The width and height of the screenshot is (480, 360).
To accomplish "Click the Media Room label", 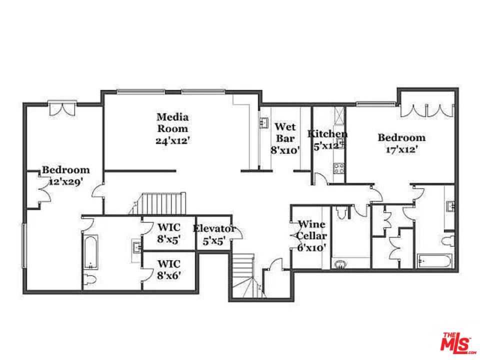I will click(x=172, y=123).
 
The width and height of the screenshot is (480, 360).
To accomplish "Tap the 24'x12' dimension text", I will click(x=173, y=141).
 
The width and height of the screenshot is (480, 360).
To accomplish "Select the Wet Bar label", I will click(x=285, y=132).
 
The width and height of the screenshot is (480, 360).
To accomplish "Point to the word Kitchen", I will click(x=327, y=134).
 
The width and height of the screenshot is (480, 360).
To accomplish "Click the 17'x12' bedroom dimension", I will click(x=401, y=149).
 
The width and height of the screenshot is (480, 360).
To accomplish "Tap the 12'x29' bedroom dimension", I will click(x=65, y=182).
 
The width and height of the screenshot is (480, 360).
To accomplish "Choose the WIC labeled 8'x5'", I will click(x=169, y=232).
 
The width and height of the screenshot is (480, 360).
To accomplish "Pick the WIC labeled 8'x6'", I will click(x=169, y=269).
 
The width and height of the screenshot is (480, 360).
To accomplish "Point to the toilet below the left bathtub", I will click(x=90, y=279).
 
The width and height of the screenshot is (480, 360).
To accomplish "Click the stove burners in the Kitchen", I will click(x=339, y=168).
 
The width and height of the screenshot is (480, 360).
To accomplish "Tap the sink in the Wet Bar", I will click(x=264, y=122).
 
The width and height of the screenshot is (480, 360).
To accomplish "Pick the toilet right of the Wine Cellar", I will click(x=342, y=213).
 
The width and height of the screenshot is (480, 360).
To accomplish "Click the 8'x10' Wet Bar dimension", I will click(x=285, y=150).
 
